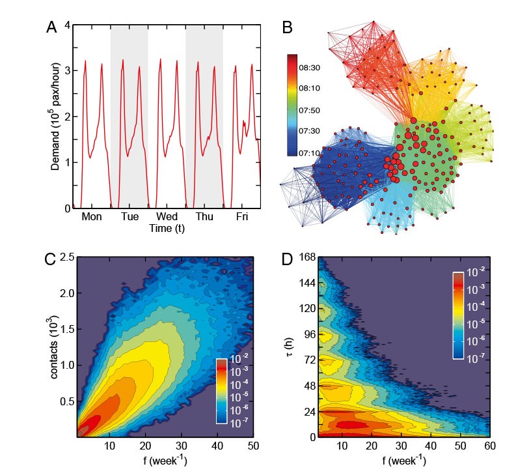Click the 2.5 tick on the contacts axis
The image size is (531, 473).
click(64, 259)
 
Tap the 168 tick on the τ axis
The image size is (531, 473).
click(308, 259)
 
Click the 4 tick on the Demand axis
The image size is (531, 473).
click(67, 26)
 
